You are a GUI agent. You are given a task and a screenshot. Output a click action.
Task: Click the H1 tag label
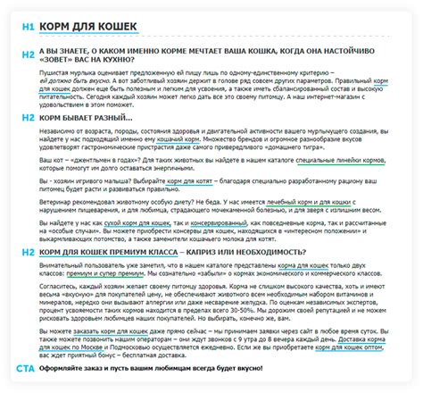click(x=27, y=25)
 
